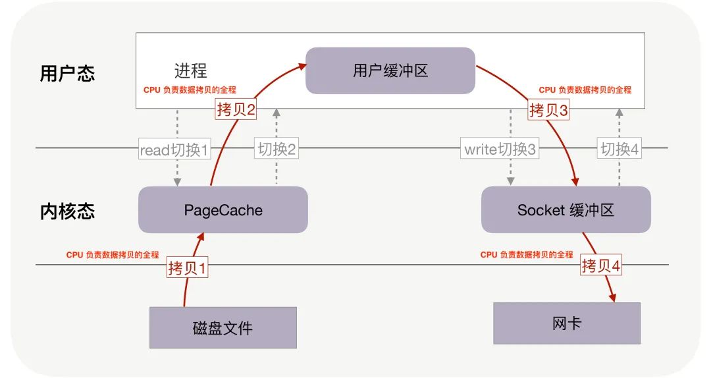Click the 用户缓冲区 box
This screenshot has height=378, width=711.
click(390, 70)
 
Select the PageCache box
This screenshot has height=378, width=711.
click(223, 210)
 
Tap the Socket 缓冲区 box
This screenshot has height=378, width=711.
click(566, 210)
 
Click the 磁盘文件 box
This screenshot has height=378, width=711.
click(223, 327)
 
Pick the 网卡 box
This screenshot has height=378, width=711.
click(566, 323)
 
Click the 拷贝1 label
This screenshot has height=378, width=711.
click(188, 268)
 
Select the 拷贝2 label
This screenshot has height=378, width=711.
click(236, 109)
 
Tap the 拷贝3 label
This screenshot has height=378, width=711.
click(548, 110)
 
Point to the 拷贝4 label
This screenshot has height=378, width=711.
click(601, 265)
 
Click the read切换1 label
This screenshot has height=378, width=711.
click(174, 149)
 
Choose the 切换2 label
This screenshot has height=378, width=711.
click(276, 149)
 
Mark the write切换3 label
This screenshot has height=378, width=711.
click(501, 149)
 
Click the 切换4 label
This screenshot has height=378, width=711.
click(619, 149)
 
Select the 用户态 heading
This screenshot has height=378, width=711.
click(67, 72)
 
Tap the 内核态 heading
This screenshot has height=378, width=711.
click(67, 211)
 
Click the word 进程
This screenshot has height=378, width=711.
click(190, 70)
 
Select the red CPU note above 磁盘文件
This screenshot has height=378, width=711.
click(113, 255)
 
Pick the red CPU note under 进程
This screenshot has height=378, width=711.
click(190, 90)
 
